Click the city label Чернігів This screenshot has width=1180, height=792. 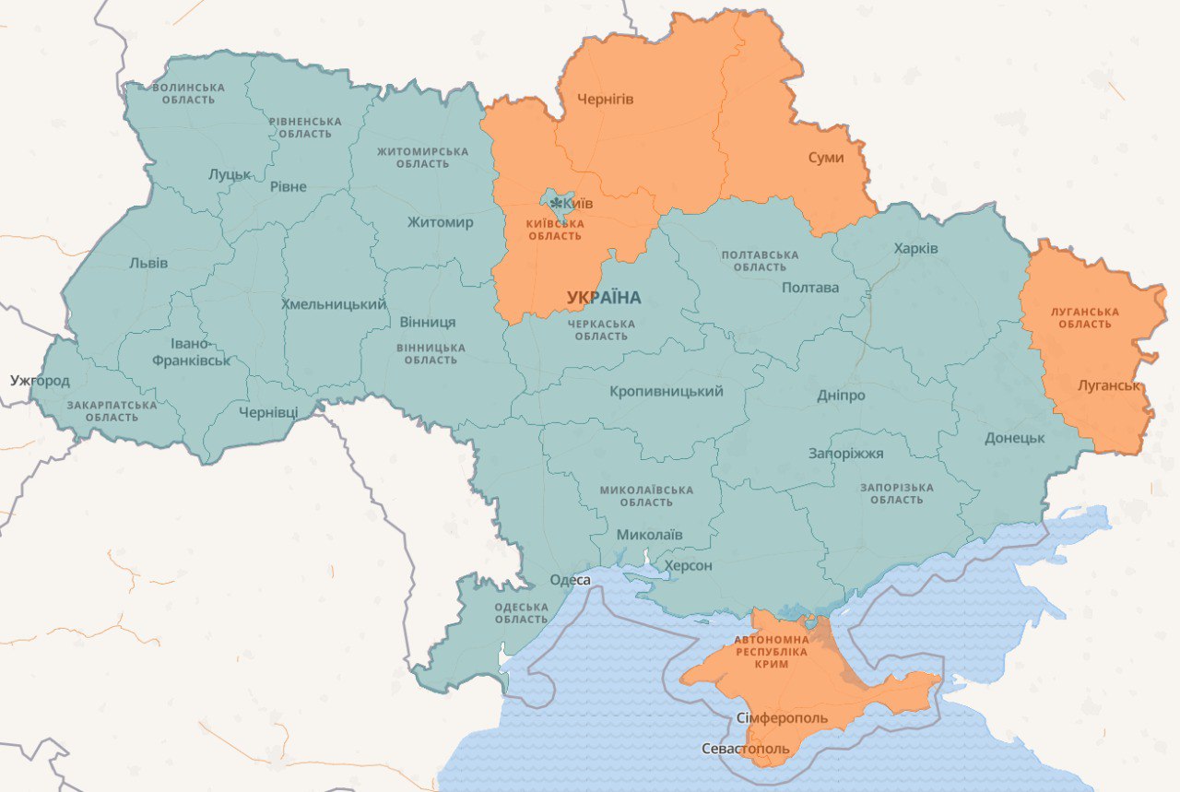605,99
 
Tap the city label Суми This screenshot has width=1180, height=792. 826,158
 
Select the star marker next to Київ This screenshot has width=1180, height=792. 557,201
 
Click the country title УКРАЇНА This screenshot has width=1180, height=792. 604,297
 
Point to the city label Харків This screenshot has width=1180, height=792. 915,249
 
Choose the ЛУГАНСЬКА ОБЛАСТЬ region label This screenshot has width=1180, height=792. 1084,318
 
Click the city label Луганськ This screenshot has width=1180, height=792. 1110,384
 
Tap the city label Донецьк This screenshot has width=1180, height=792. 1014,438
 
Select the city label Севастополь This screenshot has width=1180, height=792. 745,749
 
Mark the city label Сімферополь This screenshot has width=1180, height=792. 783,717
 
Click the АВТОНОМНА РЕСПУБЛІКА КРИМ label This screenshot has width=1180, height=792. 772,651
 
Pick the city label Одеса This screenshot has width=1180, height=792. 570,580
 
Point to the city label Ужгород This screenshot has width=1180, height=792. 40,380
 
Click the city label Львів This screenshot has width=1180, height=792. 148,263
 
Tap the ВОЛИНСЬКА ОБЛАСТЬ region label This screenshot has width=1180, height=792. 189,93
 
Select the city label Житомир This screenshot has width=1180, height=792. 440,222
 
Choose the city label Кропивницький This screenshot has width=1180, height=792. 666,392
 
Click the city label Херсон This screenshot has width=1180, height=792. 688,565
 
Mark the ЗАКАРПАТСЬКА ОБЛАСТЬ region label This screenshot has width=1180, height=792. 112,411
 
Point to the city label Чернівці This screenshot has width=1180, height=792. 267,412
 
